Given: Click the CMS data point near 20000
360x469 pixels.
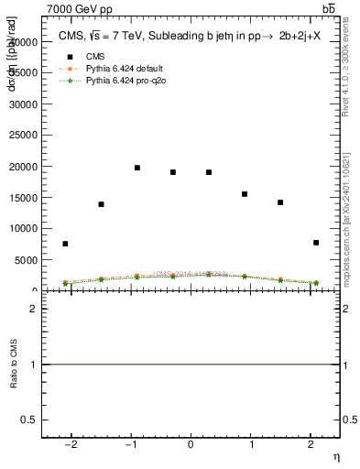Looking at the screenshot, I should tap(137, 168).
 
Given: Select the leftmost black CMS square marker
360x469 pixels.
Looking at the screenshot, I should tap(65, 244).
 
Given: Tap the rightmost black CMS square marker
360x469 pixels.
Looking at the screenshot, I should tap(316, 243).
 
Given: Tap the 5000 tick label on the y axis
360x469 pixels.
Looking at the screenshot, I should tap(28, 260).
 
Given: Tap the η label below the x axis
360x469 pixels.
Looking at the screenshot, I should tap(336, 456).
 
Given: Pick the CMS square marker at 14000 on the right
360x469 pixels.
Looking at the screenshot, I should tap(280, 202).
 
